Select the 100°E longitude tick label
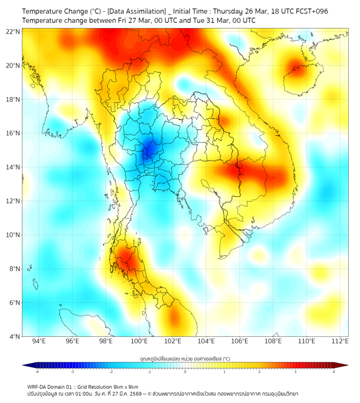click(140, 341)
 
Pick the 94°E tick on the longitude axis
click(39, 341)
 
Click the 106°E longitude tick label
click(240, 341)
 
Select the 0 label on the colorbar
click(185, 372)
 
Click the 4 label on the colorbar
click(334, 372)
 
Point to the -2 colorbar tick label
click(111, 372)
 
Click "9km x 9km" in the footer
click(123, 386)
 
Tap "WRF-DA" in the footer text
click(36, 386)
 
